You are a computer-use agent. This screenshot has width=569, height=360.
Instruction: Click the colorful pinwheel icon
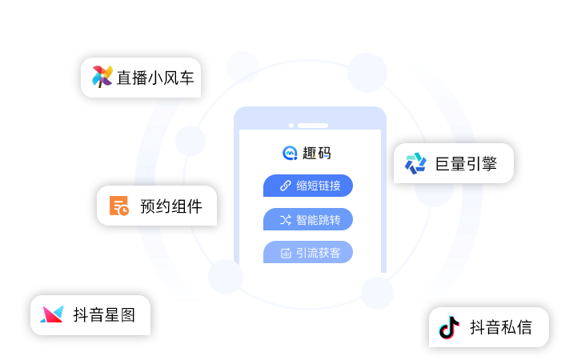(x=102, y=77)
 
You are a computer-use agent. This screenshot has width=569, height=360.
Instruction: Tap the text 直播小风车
(x=155, y=78)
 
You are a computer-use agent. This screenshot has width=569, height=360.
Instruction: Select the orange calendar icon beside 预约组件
(x=119, y=206)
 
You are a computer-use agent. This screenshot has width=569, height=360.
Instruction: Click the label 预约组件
(x=171, y=206)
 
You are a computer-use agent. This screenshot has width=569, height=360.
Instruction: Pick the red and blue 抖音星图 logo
(x=52, y=314)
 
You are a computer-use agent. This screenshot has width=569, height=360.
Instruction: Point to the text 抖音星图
(x=104, y=314)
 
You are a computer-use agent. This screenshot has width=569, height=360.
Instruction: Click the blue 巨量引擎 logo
(x=415, y=163)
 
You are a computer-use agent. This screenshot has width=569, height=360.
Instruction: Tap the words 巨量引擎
(x=466, y=164)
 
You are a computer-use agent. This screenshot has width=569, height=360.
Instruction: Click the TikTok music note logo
(x=449, y=327)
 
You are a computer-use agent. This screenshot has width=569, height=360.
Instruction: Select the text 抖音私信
(x=501, y=327)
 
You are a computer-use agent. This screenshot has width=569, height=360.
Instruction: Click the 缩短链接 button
(x=308, y=186)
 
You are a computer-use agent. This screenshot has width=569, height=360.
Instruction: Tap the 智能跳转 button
(x=308, y=219)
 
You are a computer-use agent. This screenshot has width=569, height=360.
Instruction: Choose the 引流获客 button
(x=308, y=252)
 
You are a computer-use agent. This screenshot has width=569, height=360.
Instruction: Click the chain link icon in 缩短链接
(x=285, y=186)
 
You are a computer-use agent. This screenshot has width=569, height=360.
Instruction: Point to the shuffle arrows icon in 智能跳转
(x=285, y=220)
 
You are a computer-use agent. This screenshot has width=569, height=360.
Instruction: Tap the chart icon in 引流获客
(x=286, y=253)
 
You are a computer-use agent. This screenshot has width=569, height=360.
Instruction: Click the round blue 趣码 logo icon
(x=290, y=153)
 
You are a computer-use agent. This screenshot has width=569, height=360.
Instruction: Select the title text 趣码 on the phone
(x=317, y=153)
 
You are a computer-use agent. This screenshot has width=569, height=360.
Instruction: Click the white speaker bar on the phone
(x=313, y=126)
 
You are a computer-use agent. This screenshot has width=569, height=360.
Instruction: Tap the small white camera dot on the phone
(x=291, y=126)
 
